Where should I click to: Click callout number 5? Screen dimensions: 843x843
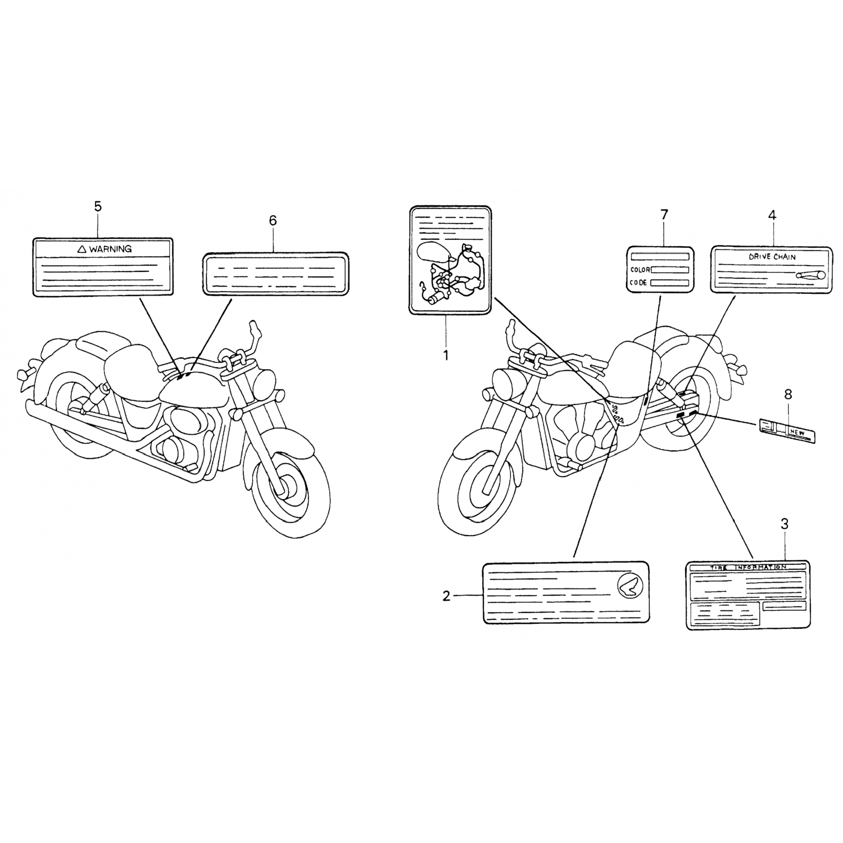(x=98, y=207)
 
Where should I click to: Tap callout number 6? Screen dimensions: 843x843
(x=273, y=221)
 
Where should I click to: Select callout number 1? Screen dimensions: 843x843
(x=446, y=355)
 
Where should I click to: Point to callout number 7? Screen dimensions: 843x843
(x=664, y=214)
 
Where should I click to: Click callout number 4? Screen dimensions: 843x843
(x=772, y=215)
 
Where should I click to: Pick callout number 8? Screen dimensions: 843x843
(x=788, y=395)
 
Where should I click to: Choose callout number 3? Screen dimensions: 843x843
(x=785, y=524)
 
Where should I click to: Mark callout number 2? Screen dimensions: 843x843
(x=446, y=596)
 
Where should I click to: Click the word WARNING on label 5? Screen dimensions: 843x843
(x=110, y=248)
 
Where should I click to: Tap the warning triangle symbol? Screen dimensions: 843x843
(x=81, y=248)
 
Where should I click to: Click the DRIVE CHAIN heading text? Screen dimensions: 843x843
(x=772, y=257)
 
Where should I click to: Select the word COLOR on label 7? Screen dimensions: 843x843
(x=640, y=270)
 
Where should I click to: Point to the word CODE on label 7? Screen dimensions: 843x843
(x=639, y=283)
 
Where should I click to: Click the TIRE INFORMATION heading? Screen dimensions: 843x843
(x=747, y=568)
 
